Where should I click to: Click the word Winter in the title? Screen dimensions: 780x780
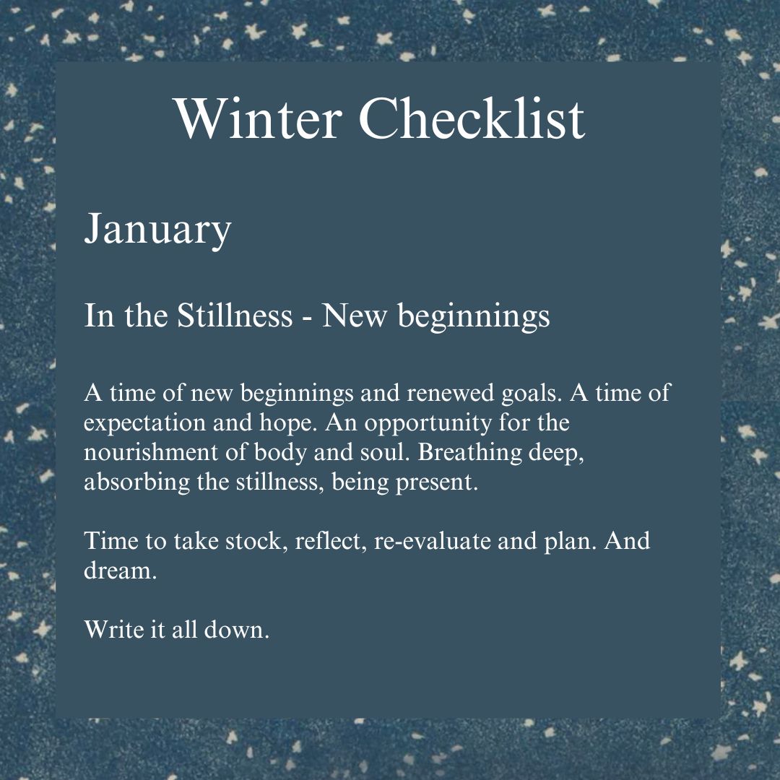tap(259, 118)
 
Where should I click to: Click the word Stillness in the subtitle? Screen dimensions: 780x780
tap(235, 315)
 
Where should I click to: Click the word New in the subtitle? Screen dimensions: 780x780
tap(354, 316)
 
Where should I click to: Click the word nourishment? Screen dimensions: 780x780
tap(151, 452)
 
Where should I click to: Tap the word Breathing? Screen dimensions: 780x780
tap(469, 453)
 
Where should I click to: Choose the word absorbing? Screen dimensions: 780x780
tap(136, 482)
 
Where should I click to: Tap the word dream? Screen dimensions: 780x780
tap(120, 571)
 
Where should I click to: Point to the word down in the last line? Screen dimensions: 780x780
tap(236, 629)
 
